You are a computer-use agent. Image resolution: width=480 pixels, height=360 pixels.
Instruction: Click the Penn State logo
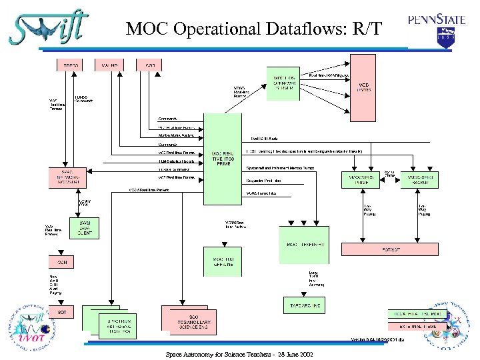point(437,29)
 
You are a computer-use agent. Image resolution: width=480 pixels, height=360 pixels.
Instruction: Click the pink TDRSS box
point(70,65)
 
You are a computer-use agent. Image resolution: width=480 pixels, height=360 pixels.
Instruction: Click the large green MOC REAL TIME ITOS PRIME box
point(223,159)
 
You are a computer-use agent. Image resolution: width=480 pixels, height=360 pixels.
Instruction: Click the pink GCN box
point(61,263)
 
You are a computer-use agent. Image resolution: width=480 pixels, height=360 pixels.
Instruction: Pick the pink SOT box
point(61,312)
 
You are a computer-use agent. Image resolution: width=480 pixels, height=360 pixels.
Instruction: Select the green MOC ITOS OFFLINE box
point(223,261)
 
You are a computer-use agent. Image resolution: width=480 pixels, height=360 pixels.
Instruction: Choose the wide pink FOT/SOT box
point(390,249)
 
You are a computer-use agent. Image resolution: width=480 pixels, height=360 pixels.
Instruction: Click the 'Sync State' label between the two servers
point(388,175)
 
